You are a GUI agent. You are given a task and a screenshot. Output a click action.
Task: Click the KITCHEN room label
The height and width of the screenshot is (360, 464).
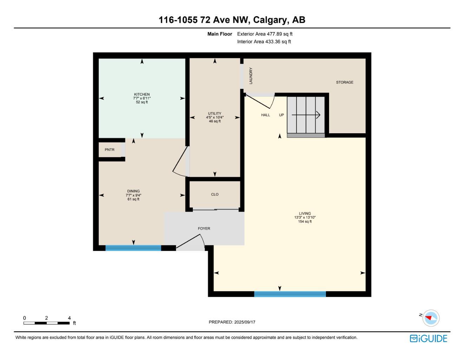(x=142, y=94)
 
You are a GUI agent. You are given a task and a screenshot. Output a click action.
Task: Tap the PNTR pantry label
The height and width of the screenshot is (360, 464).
(x=110, y=149)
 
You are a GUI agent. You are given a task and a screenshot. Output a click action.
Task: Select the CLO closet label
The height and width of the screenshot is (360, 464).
(x=215, y=194)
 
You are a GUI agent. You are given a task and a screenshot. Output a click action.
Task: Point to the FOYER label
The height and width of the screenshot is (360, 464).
(x=204, y=229)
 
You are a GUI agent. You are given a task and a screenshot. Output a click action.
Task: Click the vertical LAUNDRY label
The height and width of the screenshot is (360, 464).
(x=251, y=76)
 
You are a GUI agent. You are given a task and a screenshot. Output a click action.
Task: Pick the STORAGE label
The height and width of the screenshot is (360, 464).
(x=345, y=82)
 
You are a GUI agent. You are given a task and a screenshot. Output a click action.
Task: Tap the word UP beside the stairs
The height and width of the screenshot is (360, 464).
(x=281, y=115)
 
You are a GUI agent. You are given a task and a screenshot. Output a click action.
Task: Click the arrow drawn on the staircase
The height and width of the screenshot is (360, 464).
(x=306, y=115)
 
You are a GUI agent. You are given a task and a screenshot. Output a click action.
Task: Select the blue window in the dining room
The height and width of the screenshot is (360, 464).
(x=133, y=248)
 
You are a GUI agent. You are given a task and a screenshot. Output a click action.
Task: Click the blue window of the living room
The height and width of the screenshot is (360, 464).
(x=290, y=294)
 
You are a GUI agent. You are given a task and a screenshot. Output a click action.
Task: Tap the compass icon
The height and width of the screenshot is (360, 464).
(x=431, y=318)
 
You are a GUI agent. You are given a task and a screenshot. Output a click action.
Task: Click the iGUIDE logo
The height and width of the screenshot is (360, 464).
(x=428, y=339)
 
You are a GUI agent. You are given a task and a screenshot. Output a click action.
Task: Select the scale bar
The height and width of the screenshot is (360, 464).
(x=47, y=323)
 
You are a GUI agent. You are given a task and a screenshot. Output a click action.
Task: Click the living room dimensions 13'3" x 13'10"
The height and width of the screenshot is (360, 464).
(x=305, y=218)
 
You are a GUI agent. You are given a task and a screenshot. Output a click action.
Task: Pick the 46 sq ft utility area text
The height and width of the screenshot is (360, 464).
(x=215, y=121)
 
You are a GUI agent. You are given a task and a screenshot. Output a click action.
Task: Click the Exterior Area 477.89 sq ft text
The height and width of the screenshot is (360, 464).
(x=265, y=34)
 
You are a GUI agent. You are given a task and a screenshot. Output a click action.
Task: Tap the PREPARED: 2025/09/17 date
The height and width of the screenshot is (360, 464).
(x=232, y=322)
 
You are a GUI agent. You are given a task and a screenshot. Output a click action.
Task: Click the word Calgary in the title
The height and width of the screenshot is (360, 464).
(x=270, y=20)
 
